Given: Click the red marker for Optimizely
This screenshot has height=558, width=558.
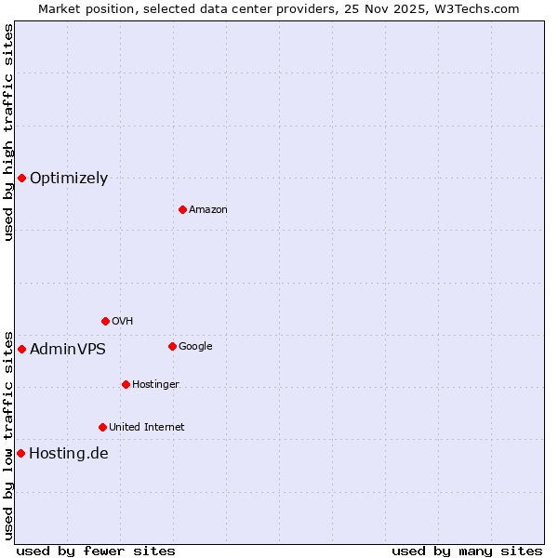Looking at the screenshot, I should (21, 178).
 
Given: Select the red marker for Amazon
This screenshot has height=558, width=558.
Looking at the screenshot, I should (182, 209).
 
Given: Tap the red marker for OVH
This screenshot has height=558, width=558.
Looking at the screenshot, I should (105, 321).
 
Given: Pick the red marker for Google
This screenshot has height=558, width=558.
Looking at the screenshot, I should (172, 346).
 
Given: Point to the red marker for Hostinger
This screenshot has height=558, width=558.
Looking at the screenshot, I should (126, 384).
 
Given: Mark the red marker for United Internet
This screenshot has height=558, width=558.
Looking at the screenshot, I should (102, 427).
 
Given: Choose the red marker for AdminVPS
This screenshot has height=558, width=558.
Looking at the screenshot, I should (21, 349).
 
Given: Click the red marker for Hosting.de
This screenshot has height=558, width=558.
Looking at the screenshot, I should (20, 453).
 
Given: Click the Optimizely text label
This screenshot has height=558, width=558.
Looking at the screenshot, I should (69, 179).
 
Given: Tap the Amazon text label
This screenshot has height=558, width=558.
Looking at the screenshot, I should (207, 210).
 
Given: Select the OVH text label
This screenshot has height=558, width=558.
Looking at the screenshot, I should (122, 322).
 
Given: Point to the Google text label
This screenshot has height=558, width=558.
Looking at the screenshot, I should (195, 347).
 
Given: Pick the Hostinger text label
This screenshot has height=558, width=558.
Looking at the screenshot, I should (155, 385).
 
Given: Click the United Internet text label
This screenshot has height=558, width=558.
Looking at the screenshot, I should (146, 428).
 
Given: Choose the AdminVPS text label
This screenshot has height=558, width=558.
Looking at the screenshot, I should (67, 350).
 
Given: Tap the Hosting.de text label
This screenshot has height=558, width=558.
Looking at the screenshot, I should (68, 454).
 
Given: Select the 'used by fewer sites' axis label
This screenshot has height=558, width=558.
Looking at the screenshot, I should (96, 551).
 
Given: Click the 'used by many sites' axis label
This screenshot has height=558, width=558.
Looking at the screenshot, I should (467, 551).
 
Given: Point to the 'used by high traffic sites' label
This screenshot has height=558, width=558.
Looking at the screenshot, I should (8, 132).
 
